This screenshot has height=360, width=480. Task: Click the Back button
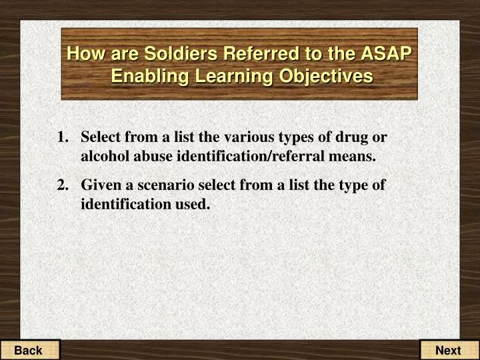tap(29, 350)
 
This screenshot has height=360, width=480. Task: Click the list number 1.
tap(63, 138)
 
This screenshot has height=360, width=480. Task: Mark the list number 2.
tap(63, 185)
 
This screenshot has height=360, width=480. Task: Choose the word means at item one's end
tap(357, 157)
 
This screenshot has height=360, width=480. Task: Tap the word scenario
tap(165, 185)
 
